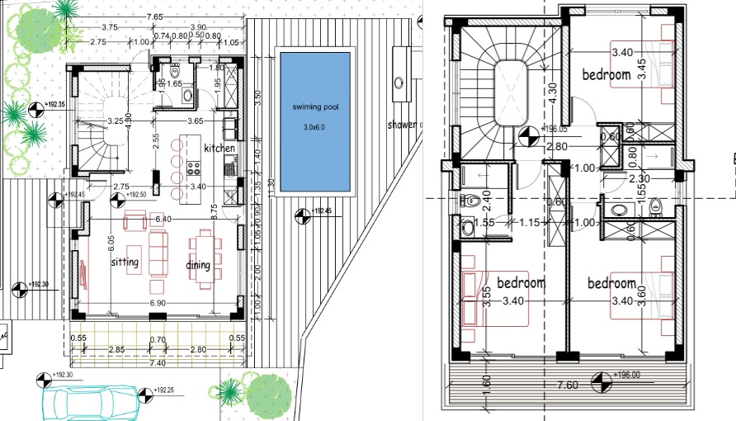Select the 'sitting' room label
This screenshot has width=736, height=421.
click(x=125, y=263)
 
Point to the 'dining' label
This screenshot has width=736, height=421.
click(x=198, y=265)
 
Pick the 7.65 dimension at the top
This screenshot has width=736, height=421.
click(x=153, y=17)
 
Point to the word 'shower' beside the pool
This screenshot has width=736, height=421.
click(x=403, y=125)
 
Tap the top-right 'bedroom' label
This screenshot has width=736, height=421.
click(x=606, y=74)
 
